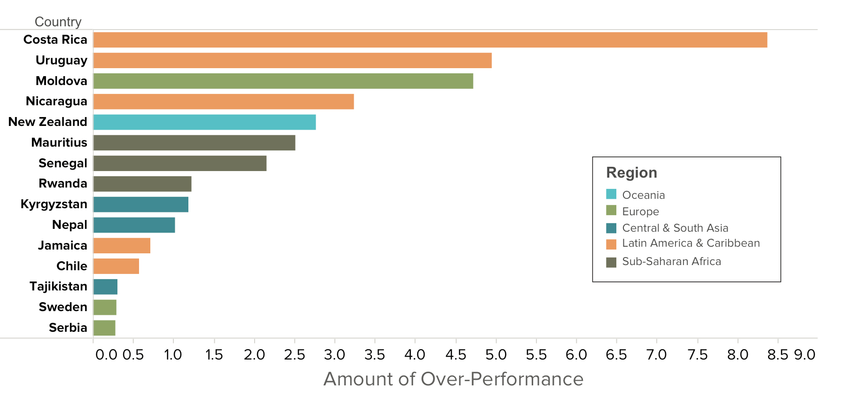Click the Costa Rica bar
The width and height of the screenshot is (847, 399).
430,40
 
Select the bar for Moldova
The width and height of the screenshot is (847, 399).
283,81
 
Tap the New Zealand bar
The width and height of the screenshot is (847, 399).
204,122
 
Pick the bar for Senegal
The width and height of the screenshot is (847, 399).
180,163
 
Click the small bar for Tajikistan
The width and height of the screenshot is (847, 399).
105,287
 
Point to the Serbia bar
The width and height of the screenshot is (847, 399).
104,328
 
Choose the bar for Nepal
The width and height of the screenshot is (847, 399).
134,225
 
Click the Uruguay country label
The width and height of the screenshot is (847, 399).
62,61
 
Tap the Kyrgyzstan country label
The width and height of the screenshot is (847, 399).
54,204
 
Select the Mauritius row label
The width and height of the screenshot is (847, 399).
59,142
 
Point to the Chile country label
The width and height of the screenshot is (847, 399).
72,266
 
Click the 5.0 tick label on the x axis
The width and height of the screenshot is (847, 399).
496,354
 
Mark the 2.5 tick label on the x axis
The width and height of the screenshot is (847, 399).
295,354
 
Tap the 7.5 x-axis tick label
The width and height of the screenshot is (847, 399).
698,354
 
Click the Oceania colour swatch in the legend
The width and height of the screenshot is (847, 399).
611,194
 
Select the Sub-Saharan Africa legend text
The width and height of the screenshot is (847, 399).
672,261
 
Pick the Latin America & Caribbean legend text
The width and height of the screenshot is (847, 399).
691,243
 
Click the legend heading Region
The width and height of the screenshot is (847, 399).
632,173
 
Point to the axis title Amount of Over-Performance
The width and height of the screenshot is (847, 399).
453,379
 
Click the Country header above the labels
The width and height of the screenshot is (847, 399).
58,22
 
